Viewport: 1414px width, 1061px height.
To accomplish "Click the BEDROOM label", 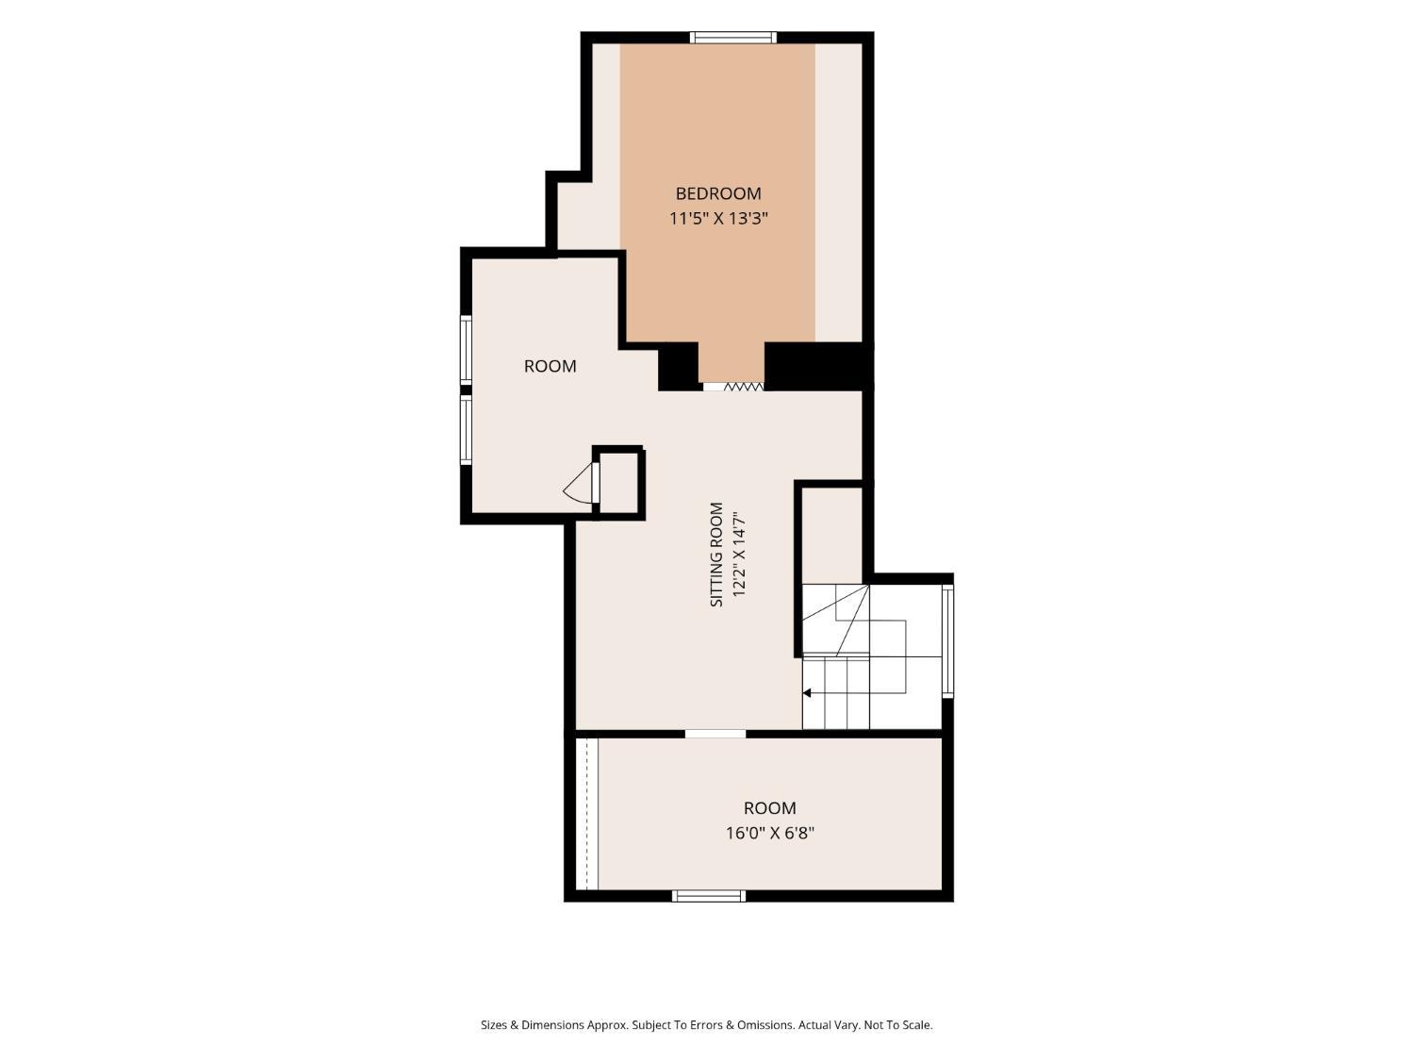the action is pos(717,193).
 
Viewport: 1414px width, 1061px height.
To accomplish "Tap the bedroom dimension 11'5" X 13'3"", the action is pos(718,219).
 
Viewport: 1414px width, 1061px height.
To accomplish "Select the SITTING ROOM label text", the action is pos(716,554).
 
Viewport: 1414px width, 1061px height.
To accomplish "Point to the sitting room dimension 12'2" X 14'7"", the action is pos(738,554).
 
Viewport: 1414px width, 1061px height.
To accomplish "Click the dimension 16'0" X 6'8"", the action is pos(770,833).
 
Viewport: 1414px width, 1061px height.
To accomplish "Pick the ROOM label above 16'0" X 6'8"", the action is pos(770,808).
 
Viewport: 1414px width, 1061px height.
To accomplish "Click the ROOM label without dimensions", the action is pos(550,366).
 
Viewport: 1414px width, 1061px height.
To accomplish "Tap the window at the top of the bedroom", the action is pos(733,38).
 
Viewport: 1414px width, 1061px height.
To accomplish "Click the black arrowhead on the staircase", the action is pos(807,692).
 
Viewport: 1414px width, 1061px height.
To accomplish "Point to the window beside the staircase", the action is pos(947,639).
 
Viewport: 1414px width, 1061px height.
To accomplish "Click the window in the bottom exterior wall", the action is pos(709,895).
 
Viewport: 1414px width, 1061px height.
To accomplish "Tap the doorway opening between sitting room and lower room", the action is pos(715,733).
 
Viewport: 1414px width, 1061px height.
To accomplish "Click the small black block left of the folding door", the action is pos(679,366).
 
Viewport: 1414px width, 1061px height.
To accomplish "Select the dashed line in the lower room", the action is pos(587,814).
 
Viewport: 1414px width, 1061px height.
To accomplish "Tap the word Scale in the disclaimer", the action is pos(916,1025).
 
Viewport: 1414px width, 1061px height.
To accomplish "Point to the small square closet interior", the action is pos(619,483).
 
